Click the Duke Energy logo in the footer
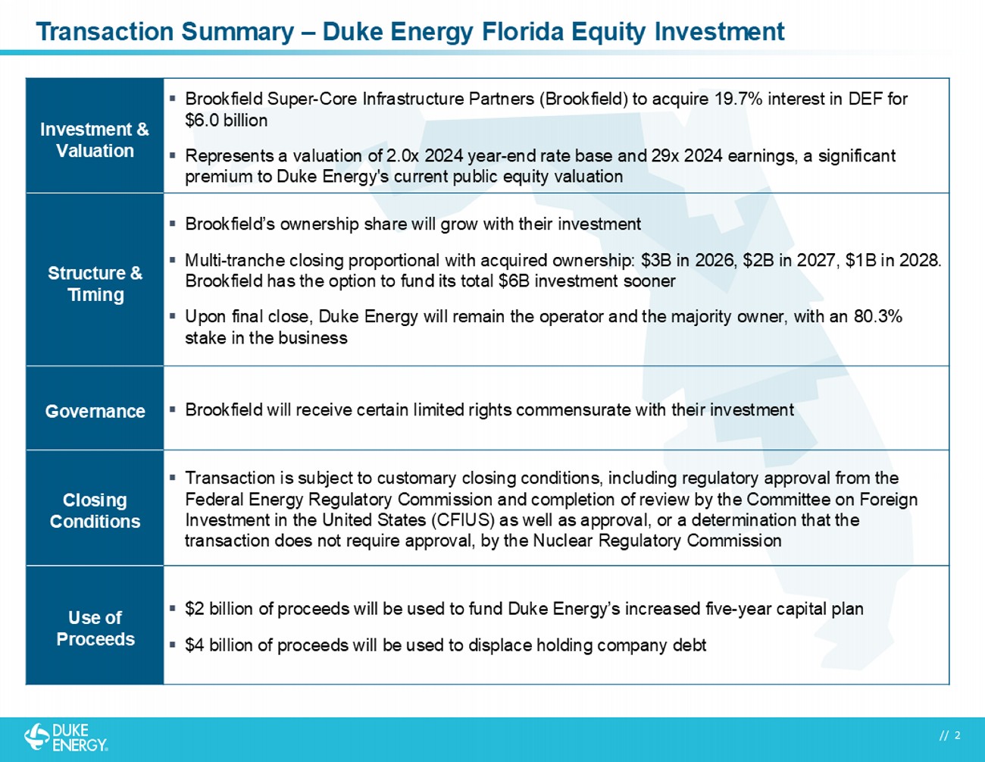pyautogui.click(x=66, y=737)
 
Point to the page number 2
pyautogui.click(x=958, y=735)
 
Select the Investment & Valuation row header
pyautogui.click(x=95, y=140)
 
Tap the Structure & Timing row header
pyautogui.click(x=95, y=284)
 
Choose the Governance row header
pyautogui.click(x=95, y=411)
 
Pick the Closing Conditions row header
pyautogui.click(x=95, y=510)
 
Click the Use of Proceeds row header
pyautogui.click(x=95, y=629)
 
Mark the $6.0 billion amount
pyautogui.click(x=226, y=121)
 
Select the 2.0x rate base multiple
pyautogui.click(x=402, y=156)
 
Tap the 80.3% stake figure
pyautogui.click(x=877, y=316)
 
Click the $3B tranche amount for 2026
pyautogui.click(x=655, y=261)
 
